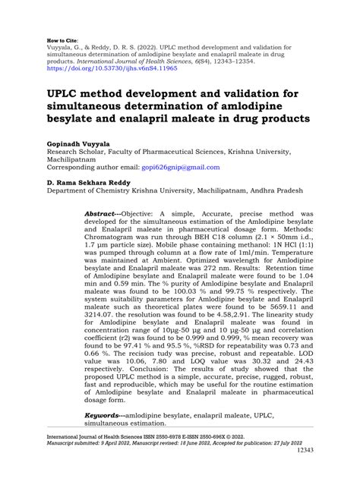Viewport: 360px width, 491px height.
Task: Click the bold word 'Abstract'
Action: [102, 215]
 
